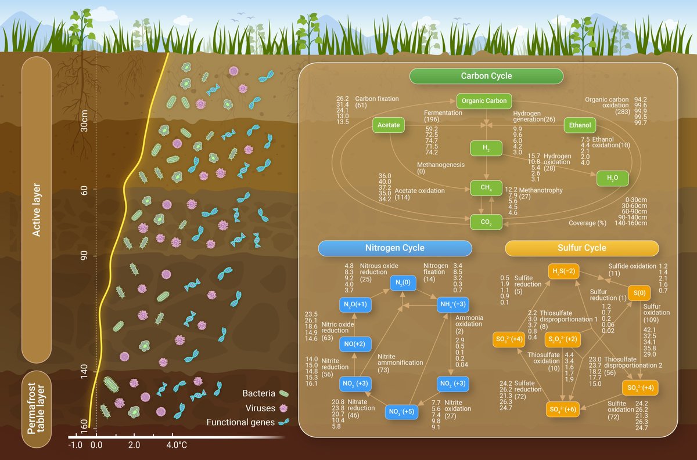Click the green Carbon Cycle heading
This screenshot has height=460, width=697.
tap(486, 76)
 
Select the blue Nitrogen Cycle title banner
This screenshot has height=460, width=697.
tap(394, 248)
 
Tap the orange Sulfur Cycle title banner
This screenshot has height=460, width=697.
tap(581, 248)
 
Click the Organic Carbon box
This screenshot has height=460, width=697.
tap(484, 101)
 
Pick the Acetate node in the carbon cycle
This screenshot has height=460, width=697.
tap(388, 125)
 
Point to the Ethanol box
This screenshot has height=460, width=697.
tap(580, 125)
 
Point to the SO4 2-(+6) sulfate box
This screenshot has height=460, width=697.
tap(562, 410)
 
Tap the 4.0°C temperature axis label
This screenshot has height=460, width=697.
tap(177, 445)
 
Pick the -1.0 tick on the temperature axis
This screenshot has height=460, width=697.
tap(75, 445)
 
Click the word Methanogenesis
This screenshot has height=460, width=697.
tap(440, 165)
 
